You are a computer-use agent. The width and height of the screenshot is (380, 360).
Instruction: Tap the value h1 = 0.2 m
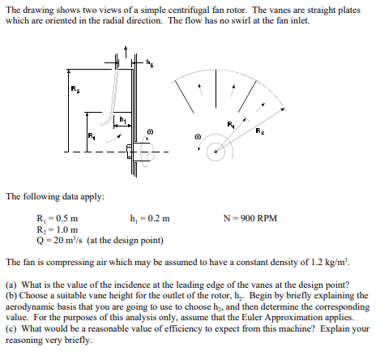click(x=150, y=218)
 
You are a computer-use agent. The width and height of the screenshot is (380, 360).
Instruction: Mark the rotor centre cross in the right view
click(x=215, y=150)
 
